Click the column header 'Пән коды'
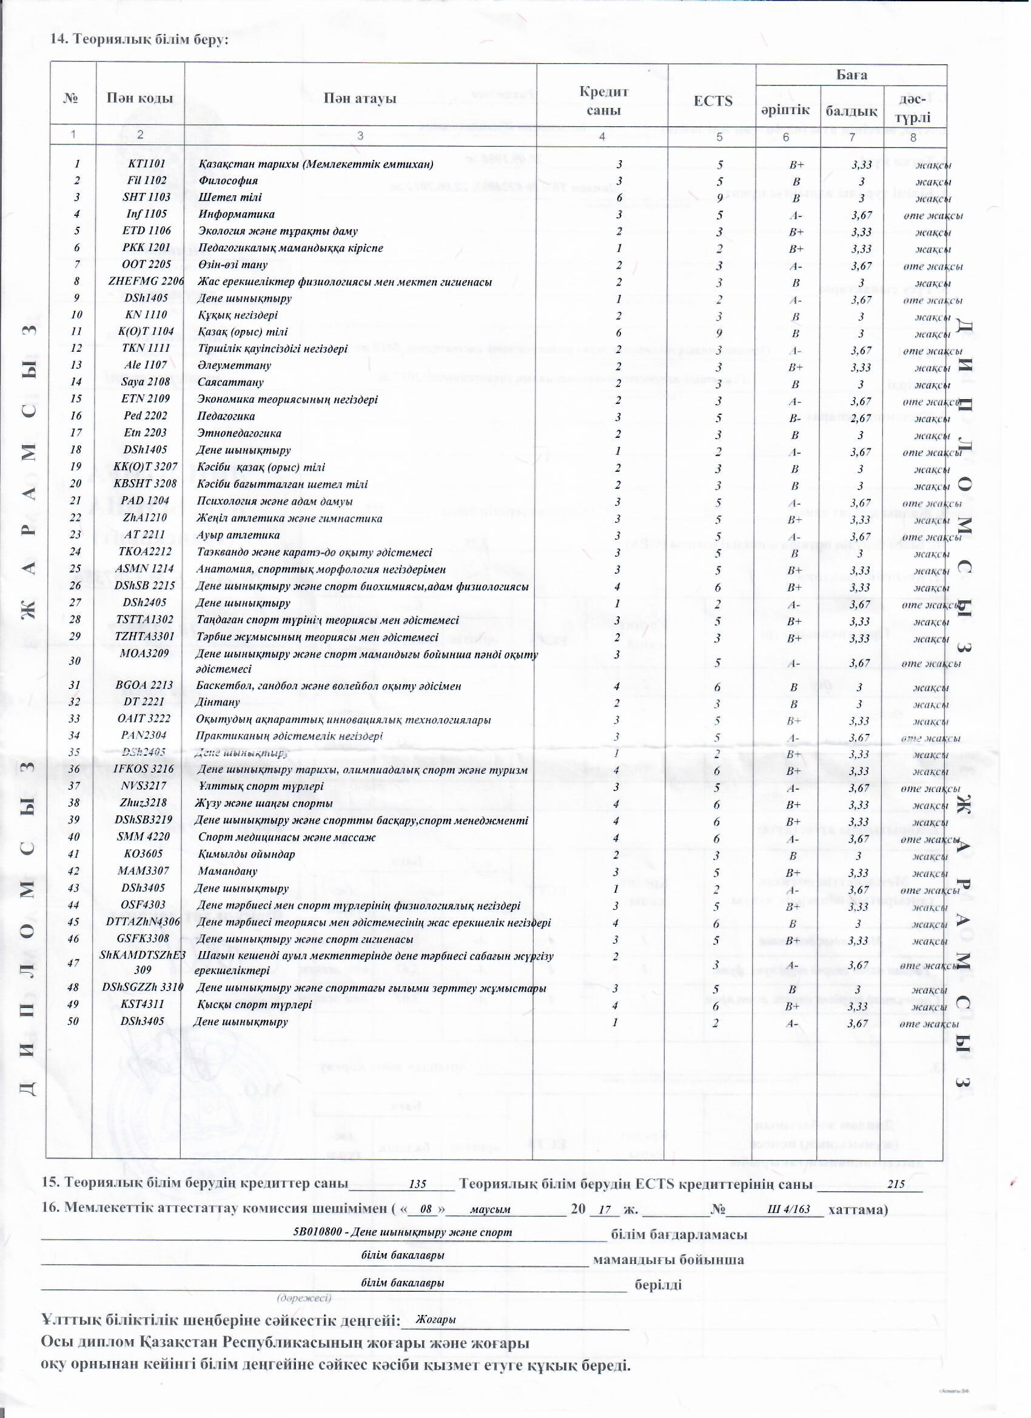(139, 98)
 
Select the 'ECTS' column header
(713, 101)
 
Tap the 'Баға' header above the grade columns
(851, 75)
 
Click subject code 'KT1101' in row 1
(146, 164)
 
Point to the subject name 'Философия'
(228, 181)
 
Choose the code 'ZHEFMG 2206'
(146, 282)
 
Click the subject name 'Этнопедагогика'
(240, 433)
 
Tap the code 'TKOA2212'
(145, 552)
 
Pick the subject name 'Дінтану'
(218, 702)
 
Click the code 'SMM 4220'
(143, 837)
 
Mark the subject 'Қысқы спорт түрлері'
(255, 1006)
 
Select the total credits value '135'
(417, 1184)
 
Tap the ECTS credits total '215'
(896, 1184)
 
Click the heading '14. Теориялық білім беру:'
(139, 39)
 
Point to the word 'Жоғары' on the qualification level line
(435, 1320)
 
